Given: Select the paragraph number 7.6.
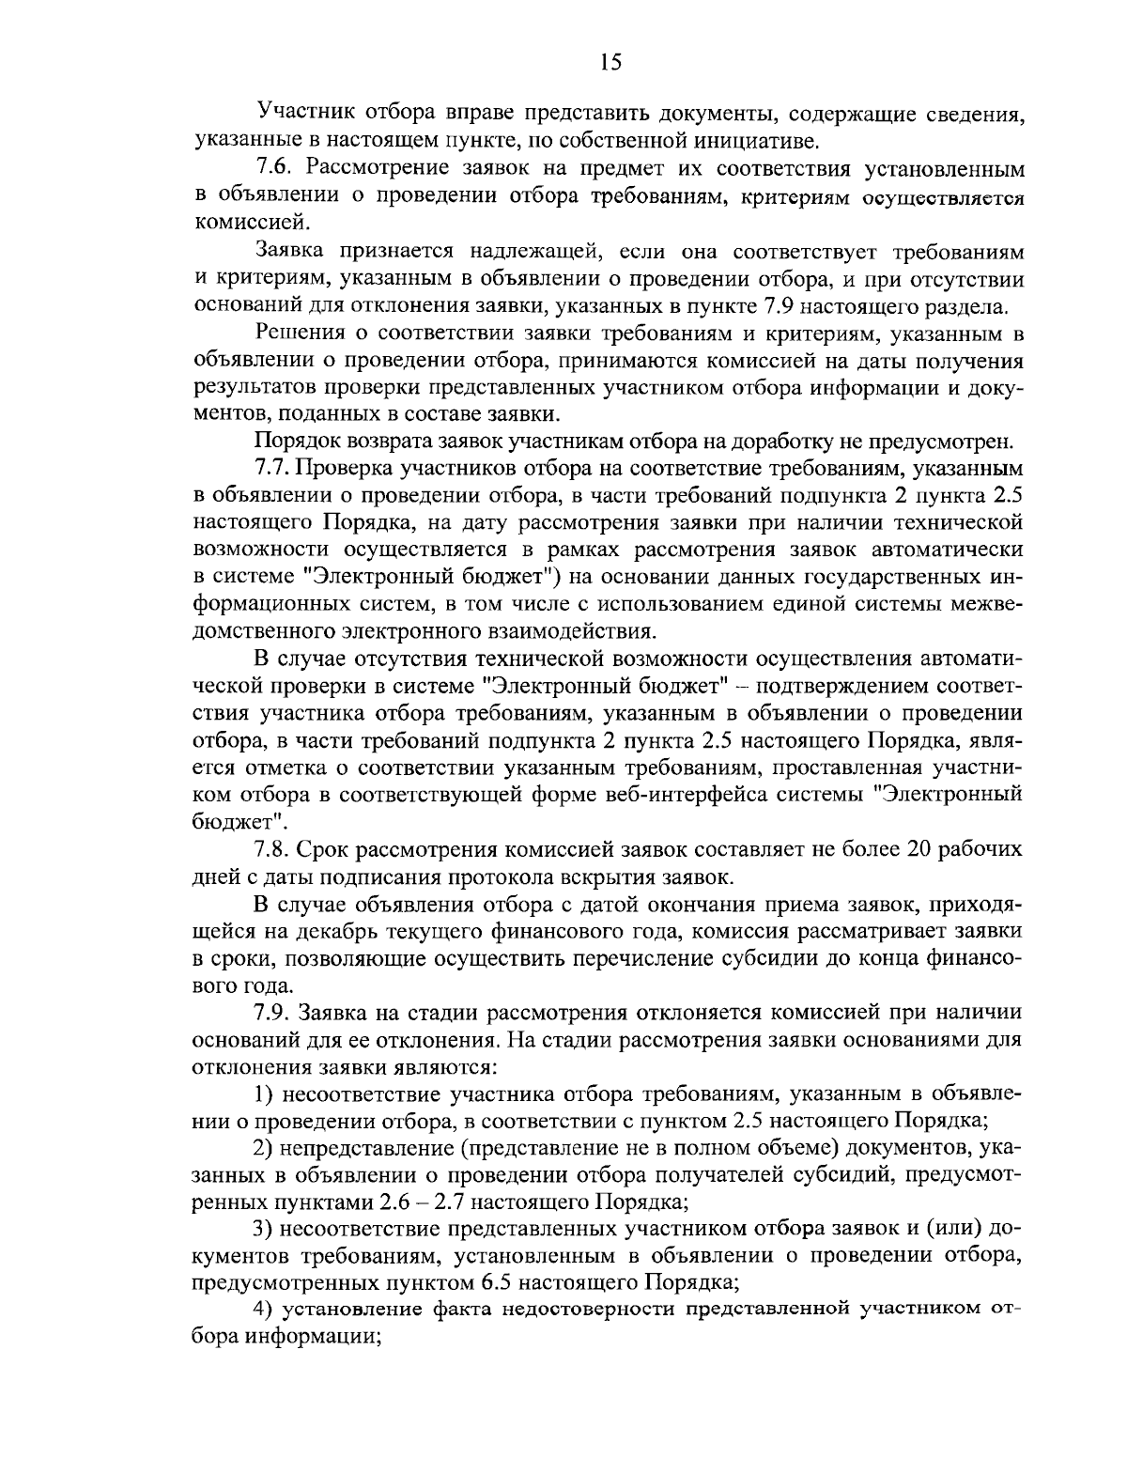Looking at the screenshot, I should click(x=273, y=169).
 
